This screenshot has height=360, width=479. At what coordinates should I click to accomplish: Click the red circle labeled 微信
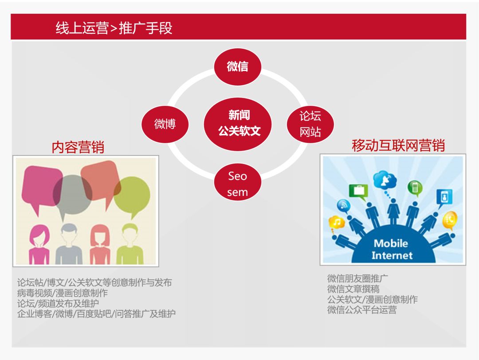[x=237, y=67]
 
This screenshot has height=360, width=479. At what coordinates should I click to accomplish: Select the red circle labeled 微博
[x=165, y=124]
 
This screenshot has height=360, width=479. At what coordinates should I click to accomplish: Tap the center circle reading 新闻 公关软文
[x=239, y=123]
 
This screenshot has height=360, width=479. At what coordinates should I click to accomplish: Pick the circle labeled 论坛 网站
[x=310, y=124]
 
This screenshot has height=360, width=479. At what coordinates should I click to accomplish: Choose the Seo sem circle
[x=237, y=184]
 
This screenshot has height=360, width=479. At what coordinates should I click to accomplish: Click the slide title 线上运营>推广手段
[x=114, y=28]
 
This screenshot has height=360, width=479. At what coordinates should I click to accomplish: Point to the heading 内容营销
[x=78, y=147]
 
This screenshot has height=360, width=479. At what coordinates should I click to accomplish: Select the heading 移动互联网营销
[x=398, y=145]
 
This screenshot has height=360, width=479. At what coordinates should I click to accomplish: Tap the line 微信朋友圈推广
[x=357, y=279]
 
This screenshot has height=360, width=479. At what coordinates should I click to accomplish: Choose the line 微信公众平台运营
[x=361, y=310]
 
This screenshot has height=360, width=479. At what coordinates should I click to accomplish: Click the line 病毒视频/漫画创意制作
[x=62, y=293]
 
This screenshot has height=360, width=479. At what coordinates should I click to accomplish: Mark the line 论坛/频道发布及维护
[x=58, y=303]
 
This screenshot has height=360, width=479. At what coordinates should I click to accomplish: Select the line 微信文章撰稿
[x=353, y=289]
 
